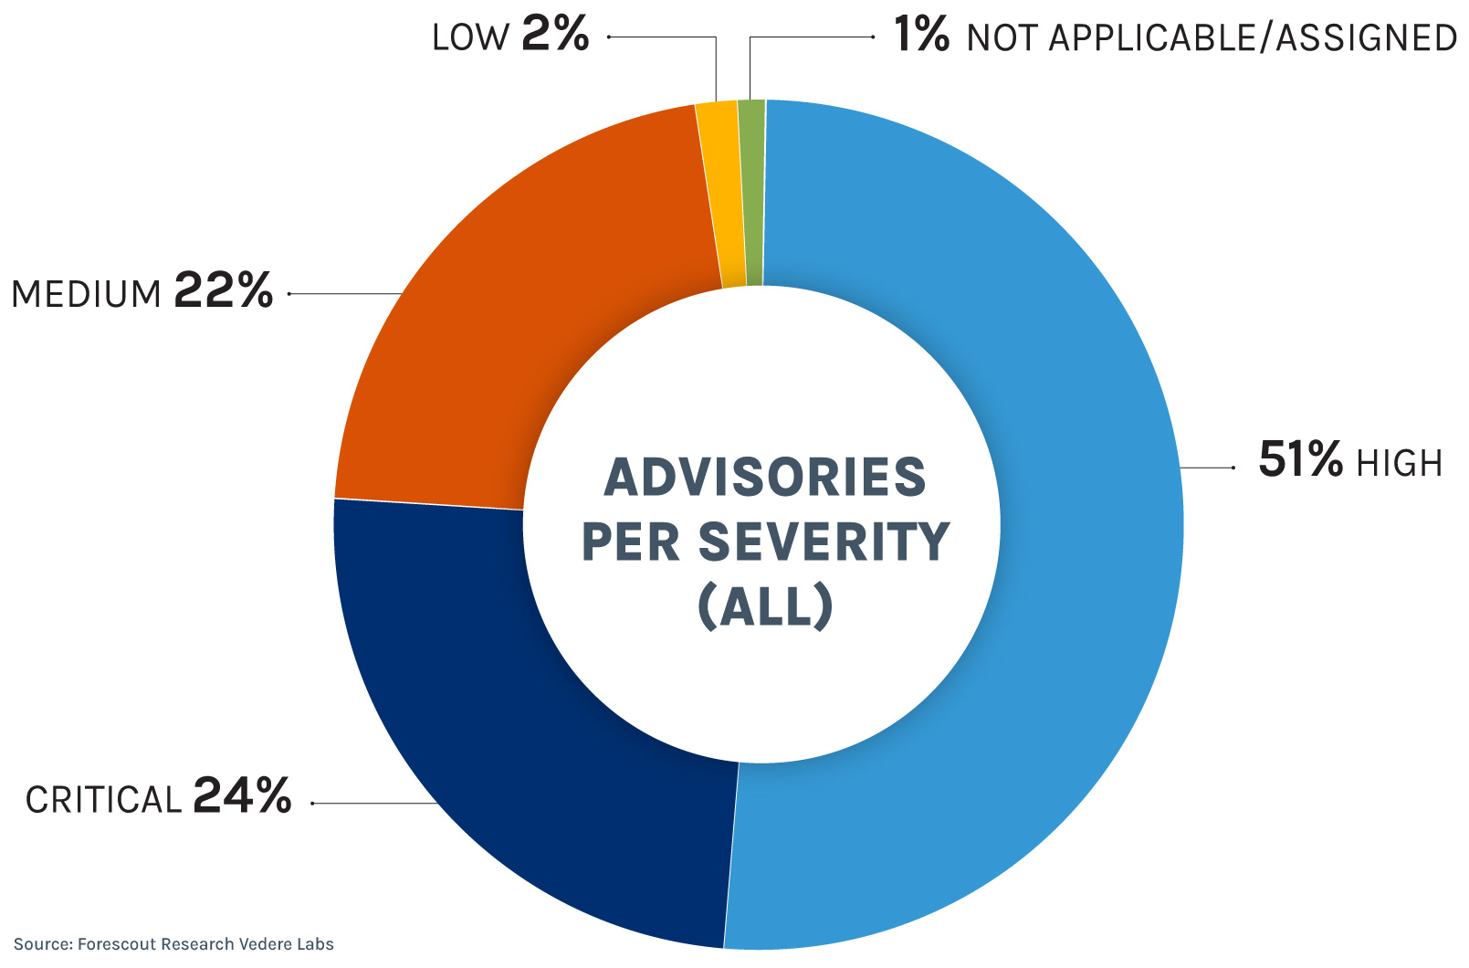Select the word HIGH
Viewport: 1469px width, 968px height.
click(x=1399, y=464)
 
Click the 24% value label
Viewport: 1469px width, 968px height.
click(x=242, y=795)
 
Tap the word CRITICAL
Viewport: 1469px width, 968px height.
click(x=103, y=800)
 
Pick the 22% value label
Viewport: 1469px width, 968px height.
click(x=223, y=290)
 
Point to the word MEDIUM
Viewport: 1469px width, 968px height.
click(x=86, y=295)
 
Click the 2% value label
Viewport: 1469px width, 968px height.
click(x=555, y=34)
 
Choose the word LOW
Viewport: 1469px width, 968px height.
click(x=470, y=37)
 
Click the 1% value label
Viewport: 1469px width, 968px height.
click(x=921, y=34)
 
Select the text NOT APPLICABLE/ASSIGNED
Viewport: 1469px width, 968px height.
click(x=1212, y=37)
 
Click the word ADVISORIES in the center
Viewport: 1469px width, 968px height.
click(x=765, y=477)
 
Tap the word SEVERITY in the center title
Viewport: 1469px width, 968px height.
click(x=824, y=542)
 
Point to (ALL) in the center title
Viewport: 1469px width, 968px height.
click(x=765, y=605)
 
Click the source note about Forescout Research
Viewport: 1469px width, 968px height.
click(x=173, y=944)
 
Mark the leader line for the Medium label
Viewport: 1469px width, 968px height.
click(x=345, y=293)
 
